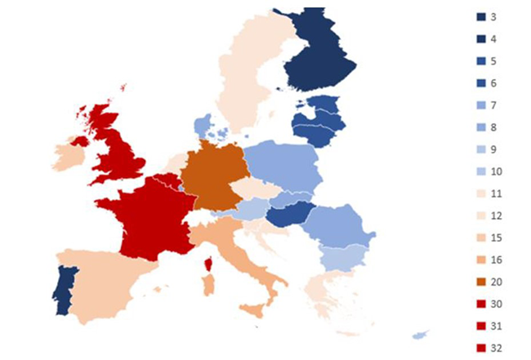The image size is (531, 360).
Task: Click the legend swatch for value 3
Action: coord(482,16)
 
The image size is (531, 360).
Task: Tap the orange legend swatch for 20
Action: coord(482,282)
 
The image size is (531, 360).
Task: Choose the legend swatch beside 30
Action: coord(482,304)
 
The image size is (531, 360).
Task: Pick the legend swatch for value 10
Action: coord(482,171)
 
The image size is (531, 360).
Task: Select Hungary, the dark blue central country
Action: coord(291,216)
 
